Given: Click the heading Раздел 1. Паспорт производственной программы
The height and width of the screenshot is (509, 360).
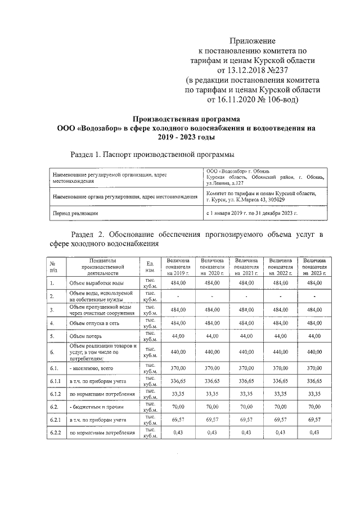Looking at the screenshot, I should coord(152,155).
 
